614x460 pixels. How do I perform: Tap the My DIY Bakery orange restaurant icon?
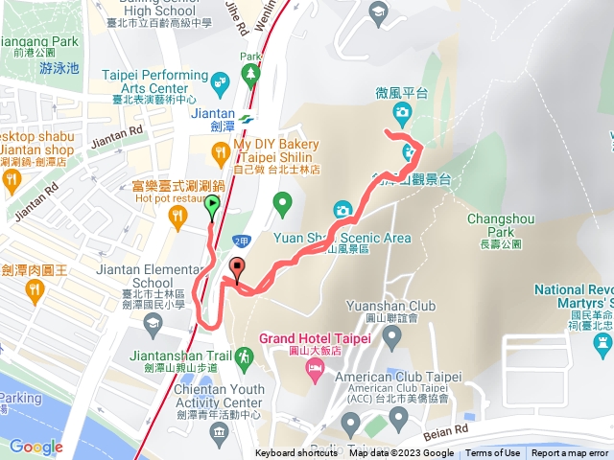coord(220,149)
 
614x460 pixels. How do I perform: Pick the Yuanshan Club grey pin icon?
coord(390,335)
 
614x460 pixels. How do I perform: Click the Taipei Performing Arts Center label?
coord(156,83)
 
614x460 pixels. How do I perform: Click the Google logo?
coord(35,447)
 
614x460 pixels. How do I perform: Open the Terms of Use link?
coord(492,453)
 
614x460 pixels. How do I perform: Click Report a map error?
coord(570,453)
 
